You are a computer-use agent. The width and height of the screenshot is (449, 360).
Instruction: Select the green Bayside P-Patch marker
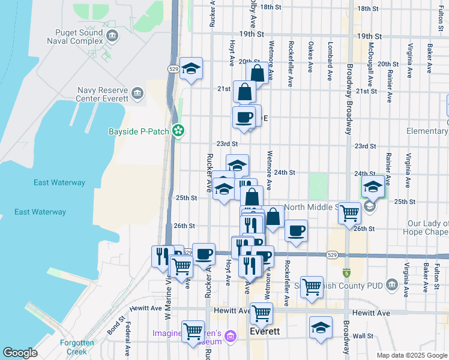click(x=178, y=130)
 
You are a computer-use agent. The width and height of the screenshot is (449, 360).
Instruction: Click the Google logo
click(x=20, y=353)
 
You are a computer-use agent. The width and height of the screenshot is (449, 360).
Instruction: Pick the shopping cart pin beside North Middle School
click(x=349, y=212)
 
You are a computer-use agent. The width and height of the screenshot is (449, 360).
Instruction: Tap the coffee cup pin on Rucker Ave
click(x=203, y=254)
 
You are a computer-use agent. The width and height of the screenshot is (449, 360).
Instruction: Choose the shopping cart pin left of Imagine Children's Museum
click(x=193, y=331)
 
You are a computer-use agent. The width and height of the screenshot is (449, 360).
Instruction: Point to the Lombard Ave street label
click(x=330, y=61)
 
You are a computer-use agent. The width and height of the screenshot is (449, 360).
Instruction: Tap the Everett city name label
click(x=265, y=331)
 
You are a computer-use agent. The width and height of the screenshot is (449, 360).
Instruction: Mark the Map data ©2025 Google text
click(x=411, y=355)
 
